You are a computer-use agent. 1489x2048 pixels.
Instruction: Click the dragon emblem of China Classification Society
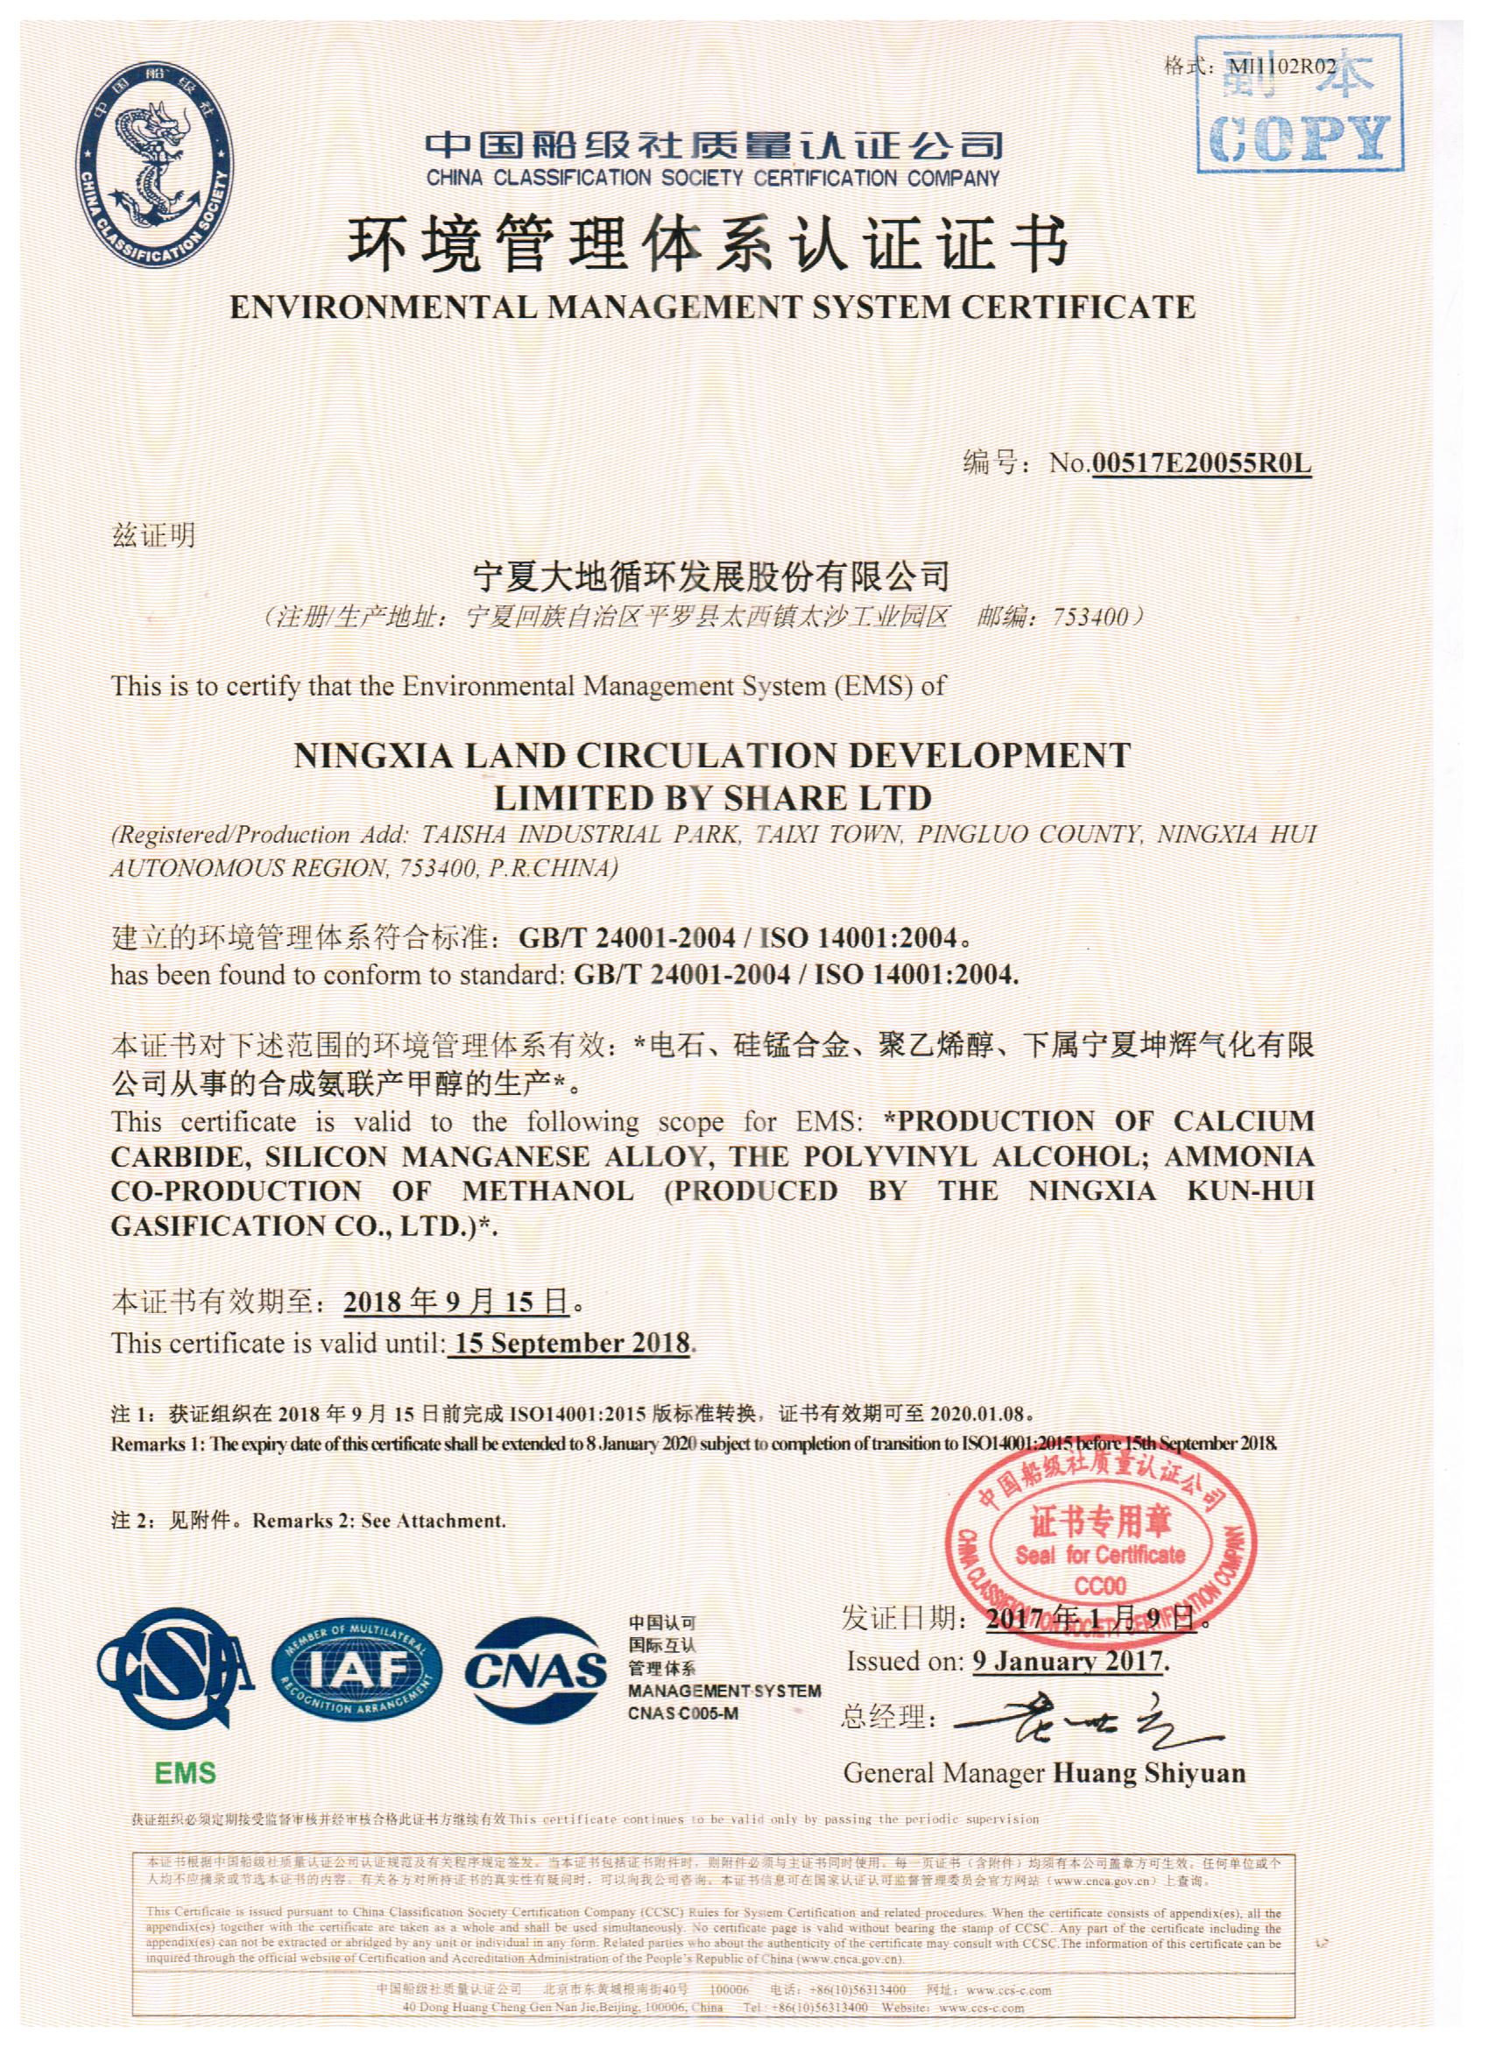click(152, 164)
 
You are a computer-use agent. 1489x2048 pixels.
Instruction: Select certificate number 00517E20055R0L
click(1200, 463)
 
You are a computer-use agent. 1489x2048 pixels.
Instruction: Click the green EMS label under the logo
click(185, 1773)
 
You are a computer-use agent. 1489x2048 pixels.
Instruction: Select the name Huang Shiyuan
click(1149, 1773)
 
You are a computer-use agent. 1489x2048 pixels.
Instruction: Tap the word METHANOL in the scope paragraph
click(547, 1191)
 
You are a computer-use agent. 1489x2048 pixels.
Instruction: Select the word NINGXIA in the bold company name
click(373, 755)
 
